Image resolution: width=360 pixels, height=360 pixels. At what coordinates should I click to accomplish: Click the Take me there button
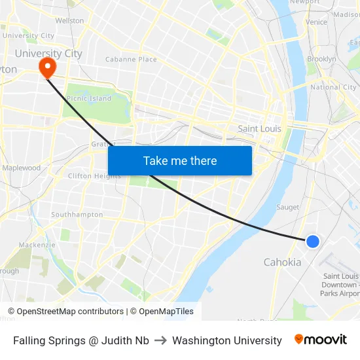pos(180,160)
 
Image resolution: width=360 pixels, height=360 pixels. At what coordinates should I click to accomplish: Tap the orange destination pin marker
pos(47,66)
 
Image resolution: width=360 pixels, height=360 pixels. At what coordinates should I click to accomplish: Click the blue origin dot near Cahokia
pos(313,241)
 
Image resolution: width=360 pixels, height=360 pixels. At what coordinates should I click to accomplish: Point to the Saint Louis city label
pos(259,128)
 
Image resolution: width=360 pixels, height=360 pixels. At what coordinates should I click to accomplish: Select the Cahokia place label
pos(282,262)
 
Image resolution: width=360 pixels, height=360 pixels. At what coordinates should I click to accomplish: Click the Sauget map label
pos(287,207)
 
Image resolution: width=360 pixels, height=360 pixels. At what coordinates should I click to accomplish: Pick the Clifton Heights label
pos(94,175)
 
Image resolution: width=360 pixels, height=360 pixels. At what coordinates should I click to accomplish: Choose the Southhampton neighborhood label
pos(77,215)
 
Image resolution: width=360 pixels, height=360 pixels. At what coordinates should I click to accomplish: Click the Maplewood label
pos(21,168)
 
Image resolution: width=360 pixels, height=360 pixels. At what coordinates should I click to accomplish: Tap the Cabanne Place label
pos(131,59)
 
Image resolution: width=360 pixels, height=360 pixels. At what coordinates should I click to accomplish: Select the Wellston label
pos(69,21)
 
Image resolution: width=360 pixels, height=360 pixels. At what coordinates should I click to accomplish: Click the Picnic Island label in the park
pos(89,98)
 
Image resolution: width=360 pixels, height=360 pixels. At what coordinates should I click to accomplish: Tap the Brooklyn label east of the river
pos(321,59)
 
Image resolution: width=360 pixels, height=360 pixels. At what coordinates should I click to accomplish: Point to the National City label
pos(333,87)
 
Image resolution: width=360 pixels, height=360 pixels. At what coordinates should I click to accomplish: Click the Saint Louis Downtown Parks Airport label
pos(340,285)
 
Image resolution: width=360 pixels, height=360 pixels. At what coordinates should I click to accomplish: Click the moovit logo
pos(321,340)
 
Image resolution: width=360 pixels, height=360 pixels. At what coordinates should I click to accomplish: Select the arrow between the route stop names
pos(160,340)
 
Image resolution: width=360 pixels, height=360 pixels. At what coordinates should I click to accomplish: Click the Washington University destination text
pos(227,340)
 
